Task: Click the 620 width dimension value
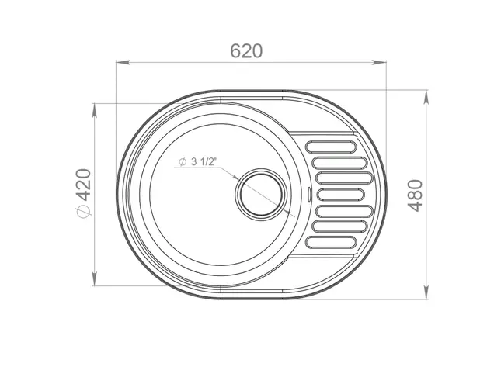coord(246,51)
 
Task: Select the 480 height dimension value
coord(416,195)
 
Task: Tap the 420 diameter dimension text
coord(84,185)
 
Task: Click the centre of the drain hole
coord(261,193)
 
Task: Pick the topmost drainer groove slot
coord(331,147)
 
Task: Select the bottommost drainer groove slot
coord(331,242)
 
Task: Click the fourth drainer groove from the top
coord(340,195)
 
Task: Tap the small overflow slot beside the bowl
coord(309,194)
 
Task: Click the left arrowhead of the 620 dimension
coord(123,62)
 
